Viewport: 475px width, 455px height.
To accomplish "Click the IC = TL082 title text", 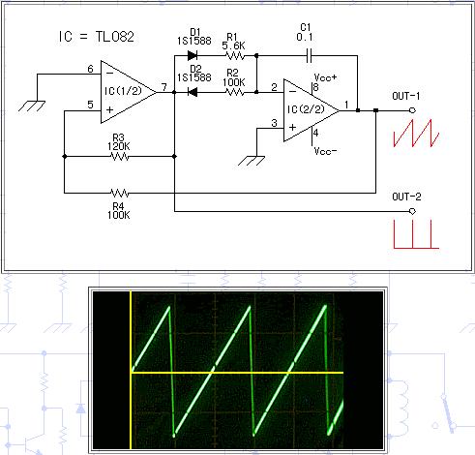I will (95, 39).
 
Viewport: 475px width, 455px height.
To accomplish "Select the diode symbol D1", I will (193, 55).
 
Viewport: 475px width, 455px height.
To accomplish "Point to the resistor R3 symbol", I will (119, 155).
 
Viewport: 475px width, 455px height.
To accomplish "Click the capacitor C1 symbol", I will (309, 55).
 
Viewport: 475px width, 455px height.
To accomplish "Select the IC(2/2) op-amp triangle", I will (308, 109).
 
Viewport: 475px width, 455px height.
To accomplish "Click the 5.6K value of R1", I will (232, 45).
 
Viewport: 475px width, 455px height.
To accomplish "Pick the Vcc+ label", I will (325, 76).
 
